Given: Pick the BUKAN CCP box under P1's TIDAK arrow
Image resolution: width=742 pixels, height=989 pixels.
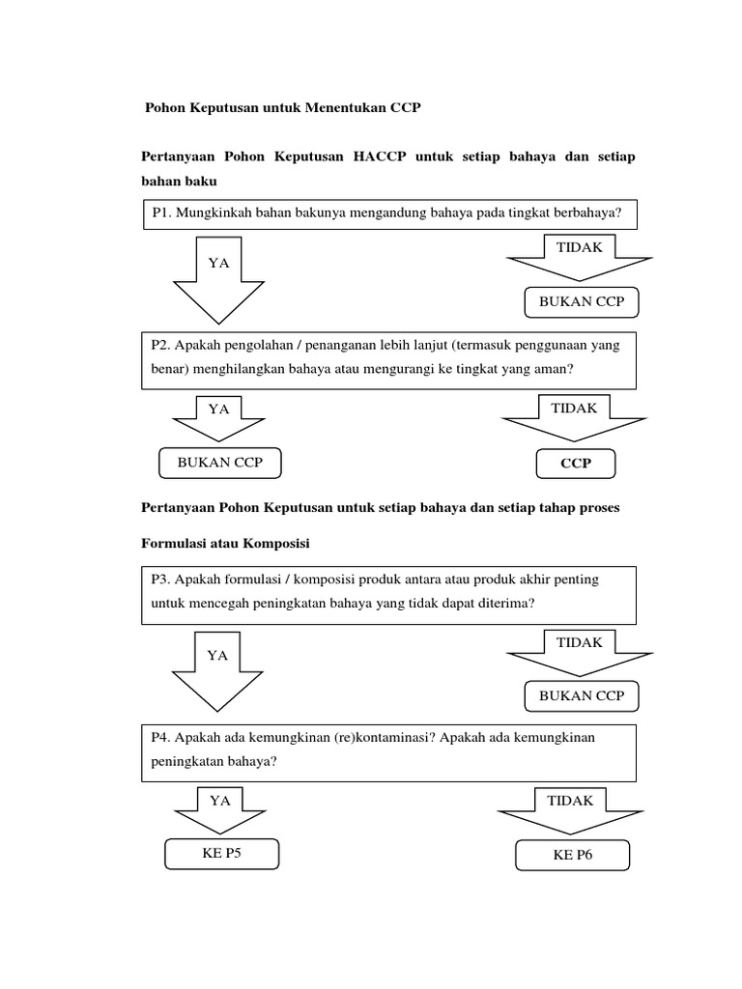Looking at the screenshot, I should tap(582, 302).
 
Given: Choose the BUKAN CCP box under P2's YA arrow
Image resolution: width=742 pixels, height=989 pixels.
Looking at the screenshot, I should tap(217, 463).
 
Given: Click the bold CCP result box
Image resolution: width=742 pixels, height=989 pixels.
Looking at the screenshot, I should tap(575, 465).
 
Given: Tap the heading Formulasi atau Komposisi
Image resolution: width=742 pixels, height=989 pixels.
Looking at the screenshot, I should tap(225, 544).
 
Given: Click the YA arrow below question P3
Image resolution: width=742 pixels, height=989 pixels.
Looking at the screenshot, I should tap(218, 669).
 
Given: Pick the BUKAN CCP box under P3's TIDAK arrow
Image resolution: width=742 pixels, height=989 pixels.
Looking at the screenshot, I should tap(582, 695).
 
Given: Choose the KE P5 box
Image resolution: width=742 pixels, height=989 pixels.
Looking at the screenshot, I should tap(221, 854).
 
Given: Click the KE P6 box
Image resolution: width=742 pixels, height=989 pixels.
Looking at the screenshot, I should tap(572, 856).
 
